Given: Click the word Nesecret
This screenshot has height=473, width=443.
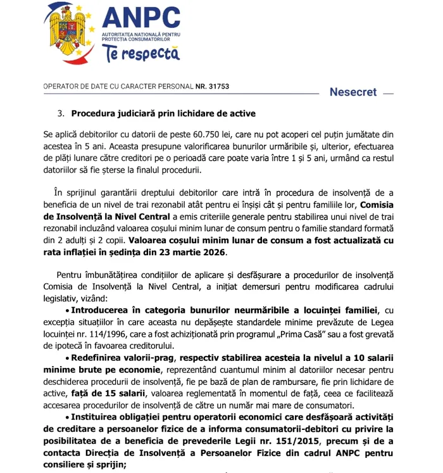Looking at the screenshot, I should (x=353, y=92).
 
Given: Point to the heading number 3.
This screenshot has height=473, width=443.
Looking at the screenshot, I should (x=61, y=114).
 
